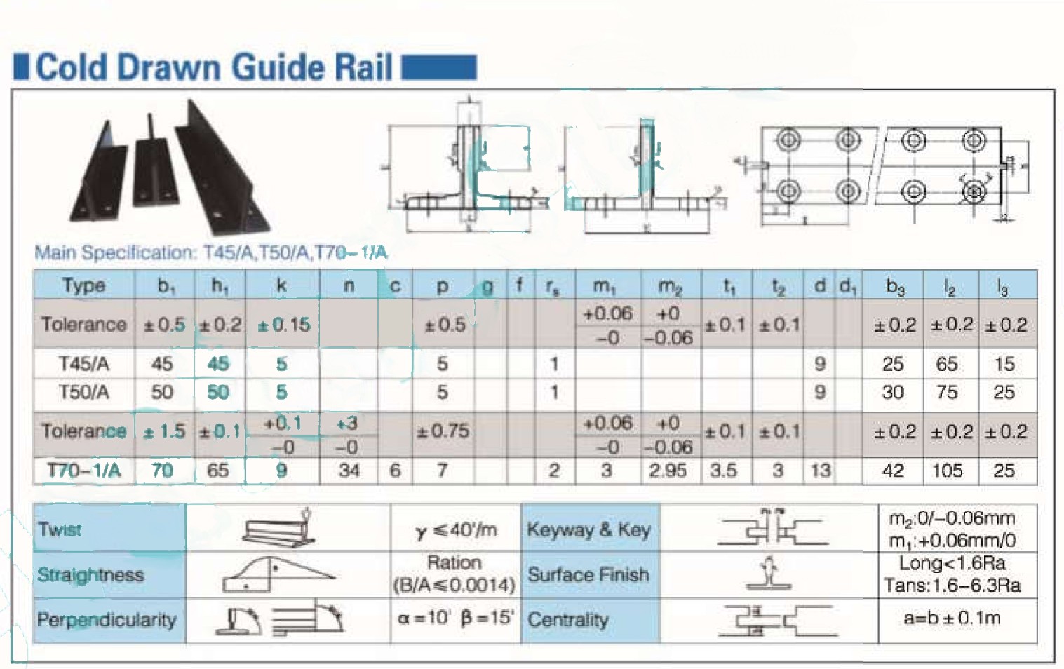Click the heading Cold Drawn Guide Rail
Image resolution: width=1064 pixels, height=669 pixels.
[213, 68]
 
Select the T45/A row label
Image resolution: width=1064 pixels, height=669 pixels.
[83, 364]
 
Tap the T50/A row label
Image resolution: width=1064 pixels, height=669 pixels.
[83, 392]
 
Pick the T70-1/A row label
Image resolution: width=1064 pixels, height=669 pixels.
[83, 471]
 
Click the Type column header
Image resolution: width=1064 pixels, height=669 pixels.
[83, 285]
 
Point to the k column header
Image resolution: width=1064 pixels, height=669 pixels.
[281, 285]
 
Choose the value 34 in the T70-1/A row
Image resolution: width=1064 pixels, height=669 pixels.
[349, 471]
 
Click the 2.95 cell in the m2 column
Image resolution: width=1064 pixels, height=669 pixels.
[668, 471]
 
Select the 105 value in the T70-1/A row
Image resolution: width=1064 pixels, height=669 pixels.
[947, 471]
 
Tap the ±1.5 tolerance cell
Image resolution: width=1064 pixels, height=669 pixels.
[164, 431]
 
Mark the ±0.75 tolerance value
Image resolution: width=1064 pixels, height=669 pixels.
[443, 431]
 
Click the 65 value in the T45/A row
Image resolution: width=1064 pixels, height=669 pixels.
[947, 364]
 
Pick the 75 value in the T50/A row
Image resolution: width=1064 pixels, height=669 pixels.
[947, 392]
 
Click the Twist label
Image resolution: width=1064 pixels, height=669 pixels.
[60, 529]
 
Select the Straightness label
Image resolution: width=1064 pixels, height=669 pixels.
[90, 575]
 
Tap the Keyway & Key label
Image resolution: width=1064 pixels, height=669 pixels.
[588, 529]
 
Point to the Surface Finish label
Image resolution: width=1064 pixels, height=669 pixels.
[588, 575]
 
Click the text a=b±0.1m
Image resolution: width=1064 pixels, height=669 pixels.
[952, 619]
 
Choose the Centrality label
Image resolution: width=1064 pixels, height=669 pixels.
[568, 620]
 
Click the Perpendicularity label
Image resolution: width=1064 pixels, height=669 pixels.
[107, 620]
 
